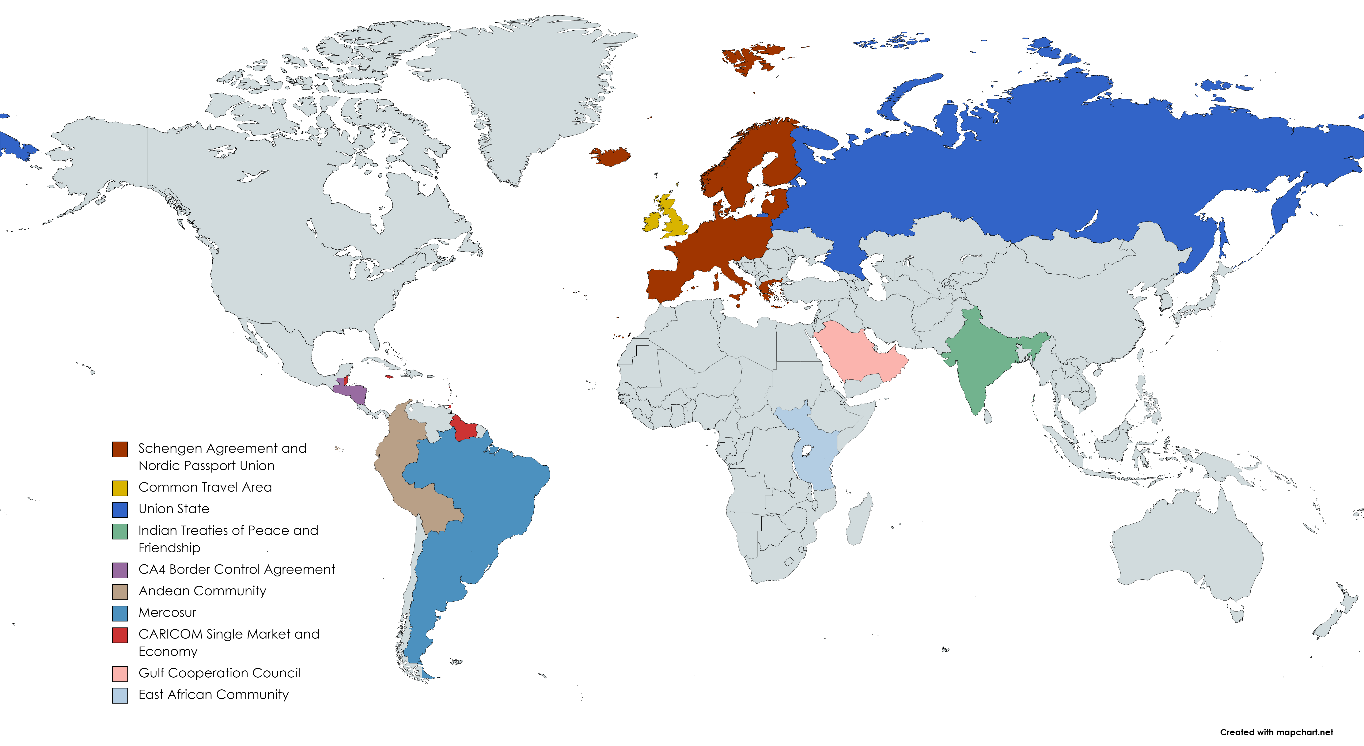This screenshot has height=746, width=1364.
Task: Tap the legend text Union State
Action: tap(174, 509)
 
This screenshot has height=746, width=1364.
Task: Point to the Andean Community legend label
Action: tap(202, 591)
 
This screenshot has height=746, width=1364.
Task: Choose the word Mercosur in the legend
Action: tap(167, 613)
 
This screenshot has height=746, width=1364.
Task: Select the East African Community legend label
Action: tap(213, 695)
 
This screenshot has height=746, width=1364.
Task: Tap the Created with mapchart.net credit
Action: tap(1276, 732)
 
